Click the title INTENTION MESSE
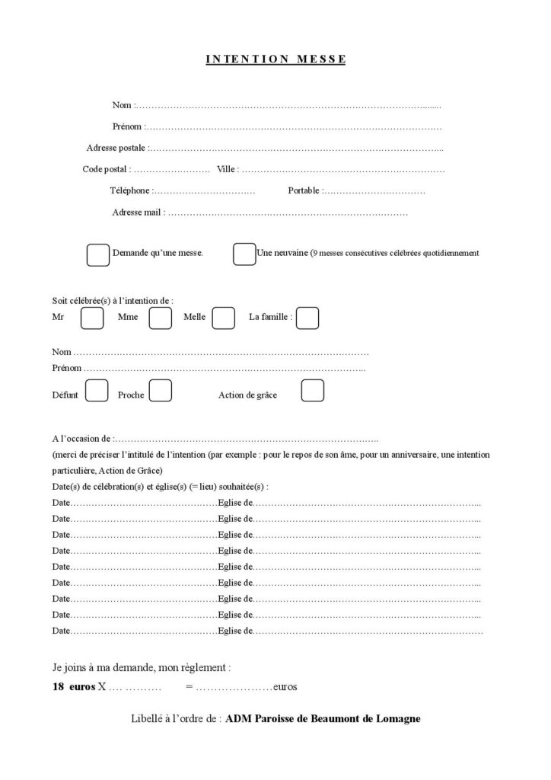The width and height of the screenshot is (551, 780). point(275,59)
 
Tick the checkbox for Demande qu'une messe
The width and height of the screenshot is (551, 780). point(98,255)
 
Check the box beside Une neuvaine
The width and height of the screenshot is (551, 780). point(244,254)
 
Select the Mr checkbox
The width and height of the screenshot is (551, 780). point(92,318)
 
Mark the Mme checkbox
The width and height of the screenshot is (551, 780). point(161,318)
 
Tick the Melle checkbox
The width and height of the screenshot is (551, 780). point(223,318)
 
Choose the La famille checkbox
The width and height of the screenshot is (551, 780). point(307,318)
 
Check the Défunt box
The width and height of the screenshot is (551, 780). point(97,391)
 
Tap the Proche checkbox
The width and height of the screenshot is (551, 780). point(160,391)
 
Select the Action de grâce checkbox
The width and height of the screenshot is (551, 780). point(313,391)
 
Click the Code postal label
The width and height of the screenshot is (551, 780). point(106,169)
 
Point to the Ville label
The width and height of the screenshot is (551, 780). point(227,169)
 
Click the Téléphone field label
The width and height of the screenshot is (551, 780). point(130,190)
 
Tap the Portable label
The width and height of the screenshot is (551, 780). point(304,190)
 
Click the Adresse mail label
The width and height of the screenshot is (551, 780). point(136,213)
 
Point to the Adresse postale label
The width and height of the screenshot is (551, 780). point(116,148)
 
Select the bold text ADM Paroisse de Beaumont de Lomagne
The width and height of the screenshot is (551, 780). point(323,718)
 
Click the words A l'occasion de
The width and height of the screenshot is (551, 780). point(81,440)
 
